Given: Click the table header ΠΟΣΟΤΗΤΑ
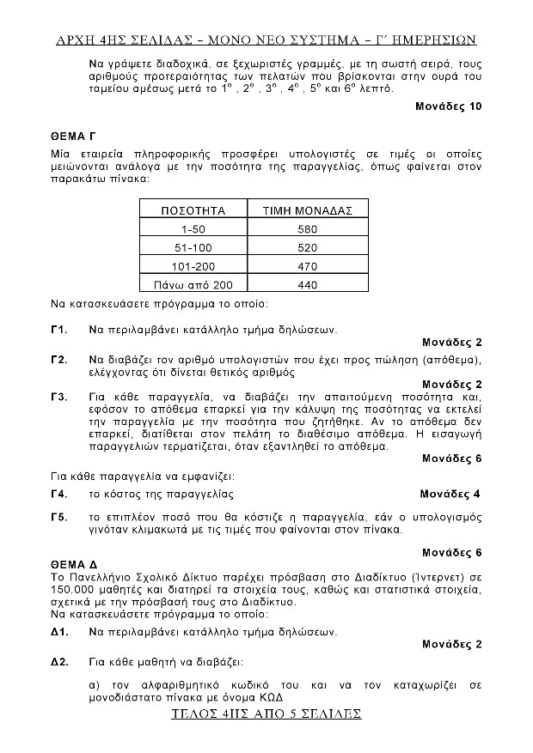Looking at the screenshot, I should click(x=193, y=210).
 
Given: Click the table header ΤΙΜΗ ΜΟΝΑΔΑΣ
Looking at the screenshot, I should click(x=308, y=210).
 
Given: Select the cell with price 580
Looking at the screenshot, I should click(x=308, y=229).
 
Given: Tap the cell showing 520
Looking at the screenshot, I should click(x=308, y=247).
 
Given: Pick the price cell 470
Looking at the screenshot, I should click(x=308, y=266).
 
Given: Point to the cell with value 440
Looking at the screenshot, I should click(x=308, y=285).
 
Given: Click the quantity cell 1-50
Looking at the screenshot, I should click(x=193, y=229).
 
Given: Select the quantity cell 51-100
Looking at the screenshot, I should click(x=193, y=247).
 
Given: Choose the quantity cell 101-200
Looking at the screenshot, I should click(x=193, y=266).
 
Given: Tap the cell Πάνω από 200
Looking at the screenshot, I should click(x=193, y=285).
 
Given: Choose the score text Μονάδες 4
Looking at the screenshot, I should click(x=450, y=494).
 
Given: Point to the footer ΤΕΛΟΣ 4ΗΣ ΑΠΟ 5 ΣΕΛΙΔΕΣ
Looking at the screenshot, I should click(x=266, y=714).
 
